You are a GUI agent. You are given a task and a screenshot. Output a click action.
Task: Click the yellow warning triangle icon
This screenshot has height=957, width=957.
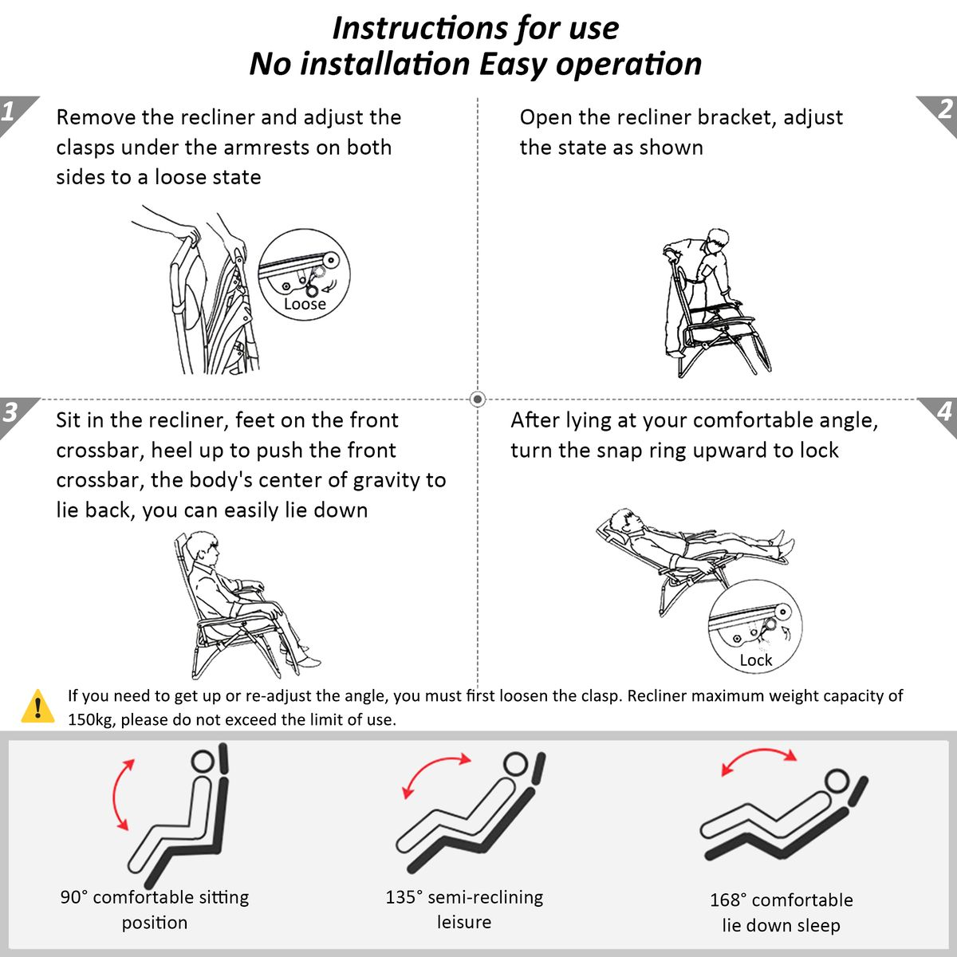click(37, 706)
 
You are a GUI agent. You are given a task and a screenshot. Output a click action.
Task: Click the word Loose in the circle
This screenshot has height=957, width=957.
click(305, 303)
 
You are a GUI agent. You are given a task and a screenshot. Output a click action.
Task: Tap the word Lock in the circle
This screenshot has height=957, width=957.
click(755, 660)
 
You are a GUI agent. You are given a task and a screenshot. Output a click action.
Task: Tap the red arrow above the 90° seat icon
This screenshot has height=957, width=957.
click(115, 794)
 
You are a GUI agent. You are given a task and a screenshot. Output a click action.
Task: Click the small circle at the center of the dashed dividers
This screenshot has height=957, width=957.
click(478, 399)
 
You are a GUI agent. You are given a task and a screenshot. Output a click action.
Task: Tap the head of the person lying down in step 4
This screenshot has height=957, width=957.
click(624, 521)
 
